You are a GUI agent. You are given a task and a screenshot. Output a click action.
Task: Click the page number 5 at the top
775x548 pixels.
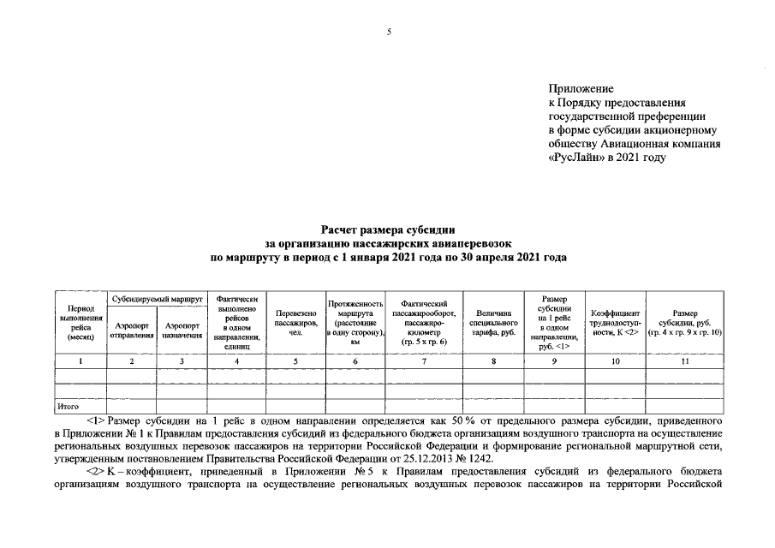point(388,32)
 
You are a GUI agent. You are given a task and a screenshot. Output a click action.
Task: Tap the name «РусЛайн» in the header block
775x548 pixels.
point(575,158)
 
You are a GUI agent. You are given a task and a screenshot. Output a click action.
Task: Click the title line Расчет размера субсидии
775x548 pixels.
point(387,229)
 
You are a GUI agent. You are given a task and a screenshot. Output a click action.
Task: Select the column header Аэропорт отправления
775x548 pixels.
point(131,331)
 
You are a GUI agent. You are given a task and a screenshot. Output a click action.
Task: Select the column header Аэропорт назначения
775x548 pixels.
point(182,331)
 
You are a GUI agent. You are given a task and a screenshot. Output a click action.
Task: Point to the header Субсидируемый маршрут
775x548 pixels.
point(157,301)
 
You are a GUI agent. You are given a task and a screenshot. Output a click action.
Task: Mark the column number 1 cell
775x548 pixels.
point(80,361)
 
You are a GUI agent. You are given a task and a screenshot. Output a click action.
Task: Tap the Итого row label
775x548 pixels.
point(68,407)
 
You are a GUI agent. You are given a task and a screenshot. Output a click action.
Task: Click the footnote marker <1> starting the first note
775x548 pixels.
point(96,421)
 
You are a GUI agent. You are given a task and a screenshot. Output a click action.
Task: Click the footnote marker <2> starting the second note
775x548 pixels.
point(96,472)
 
